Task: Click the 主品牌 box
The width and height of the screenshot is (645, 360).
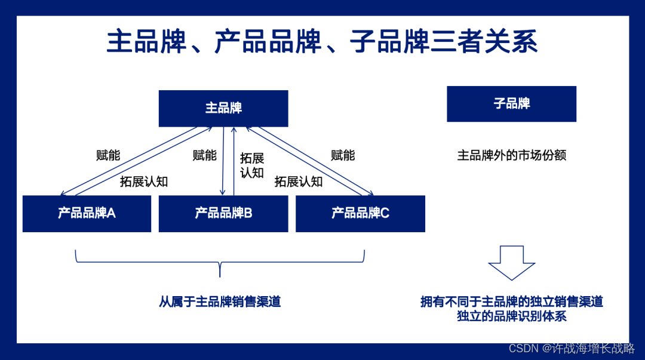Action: point(223,108)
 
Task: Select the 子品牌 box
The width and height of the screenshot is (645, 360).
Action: point(511,104)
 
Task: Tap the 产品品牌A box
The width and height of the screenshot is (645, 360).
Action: point(87,213)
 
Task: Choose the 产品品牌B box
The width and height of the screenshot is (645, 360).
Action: point(223,213)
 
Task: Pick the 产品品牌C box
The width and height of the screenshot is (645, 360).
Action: point(360,213)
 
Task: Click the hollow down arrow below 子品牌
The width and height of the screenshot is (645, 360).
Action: point(511,262)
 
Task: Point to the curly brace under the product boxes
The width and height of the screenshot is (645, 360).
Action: point(220,263)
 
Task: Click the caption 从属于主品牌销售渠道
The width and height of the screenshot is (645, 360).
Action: point(220,301)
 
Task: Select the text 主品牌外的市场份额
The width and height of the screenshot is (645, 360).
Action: point(511,156)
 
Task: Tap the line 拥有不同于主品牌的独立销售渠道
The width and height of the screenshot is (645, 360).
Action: point(511,301)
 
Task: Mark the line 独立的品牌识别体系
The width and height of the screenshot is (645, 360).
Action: point(511,316)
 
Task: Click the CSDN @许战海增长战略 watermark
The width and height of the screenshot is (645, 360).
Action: point(572,348)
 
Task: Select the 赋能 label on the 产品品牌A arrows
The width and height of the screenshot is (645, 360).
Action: point(108,156)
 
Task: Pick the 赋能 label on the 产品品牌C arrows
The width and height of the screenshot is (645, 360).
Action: point(343,156)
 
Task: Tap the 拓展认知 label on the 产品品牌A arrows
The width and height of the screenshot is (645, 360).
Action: point(144,181)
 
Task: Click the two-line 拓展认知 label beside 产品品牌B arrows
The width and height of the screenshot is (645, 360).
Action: point(252,165)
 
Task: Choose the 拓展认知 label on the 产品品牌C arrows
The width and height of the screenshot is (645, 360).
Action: point(299,181)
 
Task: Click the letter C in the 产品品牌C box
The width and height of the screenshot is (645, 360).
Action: point(385,213)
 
